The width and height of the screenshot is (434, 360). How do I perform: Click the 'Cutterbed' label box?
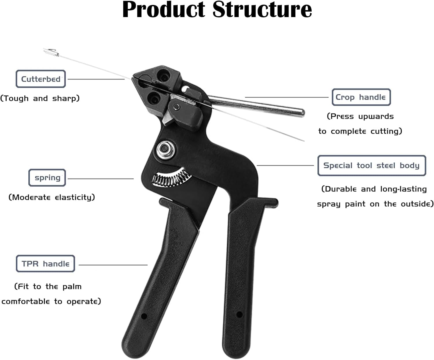click(x=41, y=79)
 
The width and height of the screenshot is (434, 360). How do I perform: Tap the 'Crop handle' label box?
click(x=361, y=97)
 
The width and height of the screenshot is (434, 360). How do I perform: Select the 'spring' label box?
click(x=47, y=178)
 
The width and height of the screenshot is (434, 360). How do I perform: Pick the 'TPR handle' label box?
click(x=45, y=264)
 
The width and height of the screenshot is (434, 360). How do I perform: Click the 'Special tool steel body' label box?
click(x=372, y=166)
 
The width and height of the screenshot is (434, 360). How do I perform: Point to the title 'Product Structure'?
click(x=217, y=10)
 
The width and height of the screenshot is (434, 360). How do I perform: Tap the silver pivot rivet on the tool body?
click(x=164, y=149)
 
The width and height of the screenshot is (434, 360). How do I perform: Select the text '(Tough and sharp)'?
click(x=40, y=98)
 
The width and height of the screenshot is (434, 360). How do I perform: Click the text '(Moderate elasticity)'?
click(x=52, y=197)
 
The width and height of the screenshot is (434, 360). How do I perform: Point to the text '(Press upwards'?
click(x=360, y=116)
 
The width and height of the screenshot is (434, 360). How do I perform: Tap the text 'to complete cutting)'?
click(x=360, y=131)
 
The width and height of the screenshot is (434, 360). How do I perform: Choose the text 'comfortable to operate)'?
click(x=51, y=302)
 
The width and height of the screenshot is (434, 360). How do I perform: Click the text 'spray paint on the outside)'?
click(x=375, y=204)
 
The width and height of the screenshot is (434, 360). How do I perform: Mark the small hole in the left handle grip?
click(x=143, y=316)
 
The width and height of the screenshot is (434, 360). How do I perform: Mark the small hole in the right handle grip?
click(x=239, y=314)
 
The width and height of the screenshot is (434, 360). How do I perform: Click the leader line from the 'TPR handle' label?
click(x=113, y=265)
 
